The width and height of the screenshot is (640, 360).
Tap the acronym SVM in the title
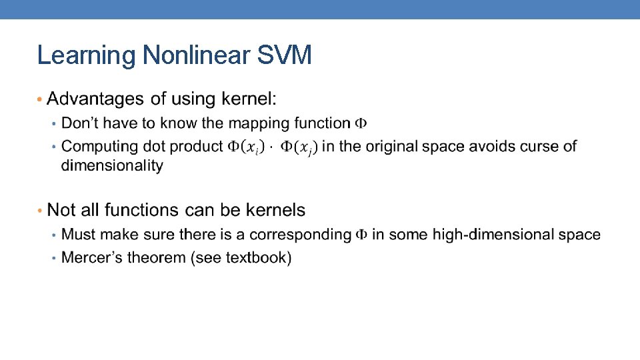coord(285,55)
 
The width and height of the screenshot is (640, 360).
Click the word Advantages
coord(97,99)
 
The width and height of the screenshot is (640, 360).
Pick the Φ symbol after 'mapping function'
coord(361,123)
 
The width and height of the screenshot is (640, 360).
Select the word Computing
coord(95,146)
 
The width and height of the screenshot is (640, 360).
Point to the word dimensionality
coord(112,165)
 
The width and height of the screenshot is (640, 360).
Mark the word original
coord(382,146)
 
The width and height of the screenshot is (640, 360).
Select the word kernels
coord(275,211)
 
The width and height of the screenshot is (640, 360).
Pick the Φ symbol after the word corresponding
coord(361,235)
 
